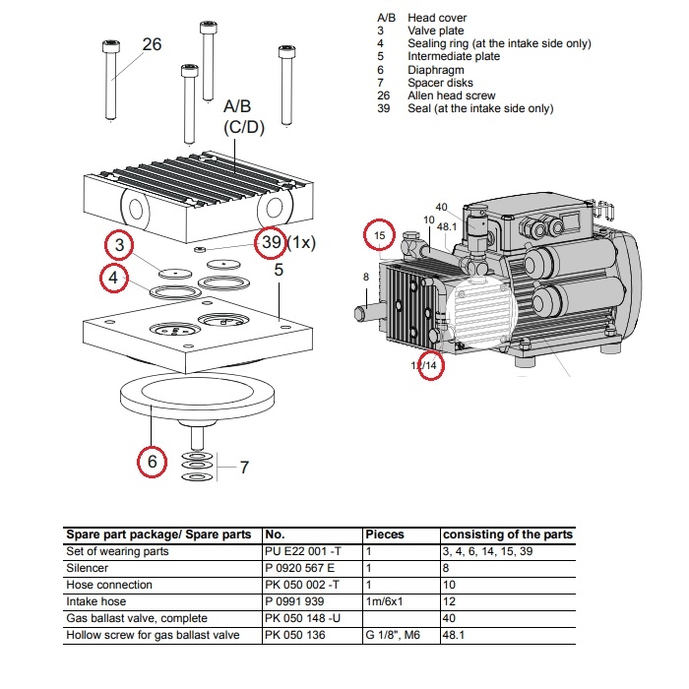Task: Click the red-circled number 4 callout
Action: (x=115, y=280)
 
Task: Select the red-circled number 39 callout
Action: (x=272, y=241)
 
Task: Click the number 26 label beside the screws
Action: (x=152, y=44)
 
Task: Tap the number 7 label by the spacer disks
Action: (x=245, y=467)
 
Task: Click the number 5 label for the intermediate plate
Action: (x=279, y=269)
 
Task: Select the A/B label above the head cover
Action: (x=237, y=106)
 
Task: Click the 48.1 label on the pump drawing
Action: (x=447, y=226)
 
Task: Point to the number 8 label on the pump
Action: (x=366, y=278)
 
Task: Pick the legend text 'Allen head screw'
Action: (x=452, y=95)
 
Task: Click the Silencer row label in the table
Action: (x=89, y=569)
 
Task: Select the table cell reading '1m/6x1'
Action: (x=387, y=600)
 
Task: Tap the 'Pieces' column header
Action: (x=385, y=534)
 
